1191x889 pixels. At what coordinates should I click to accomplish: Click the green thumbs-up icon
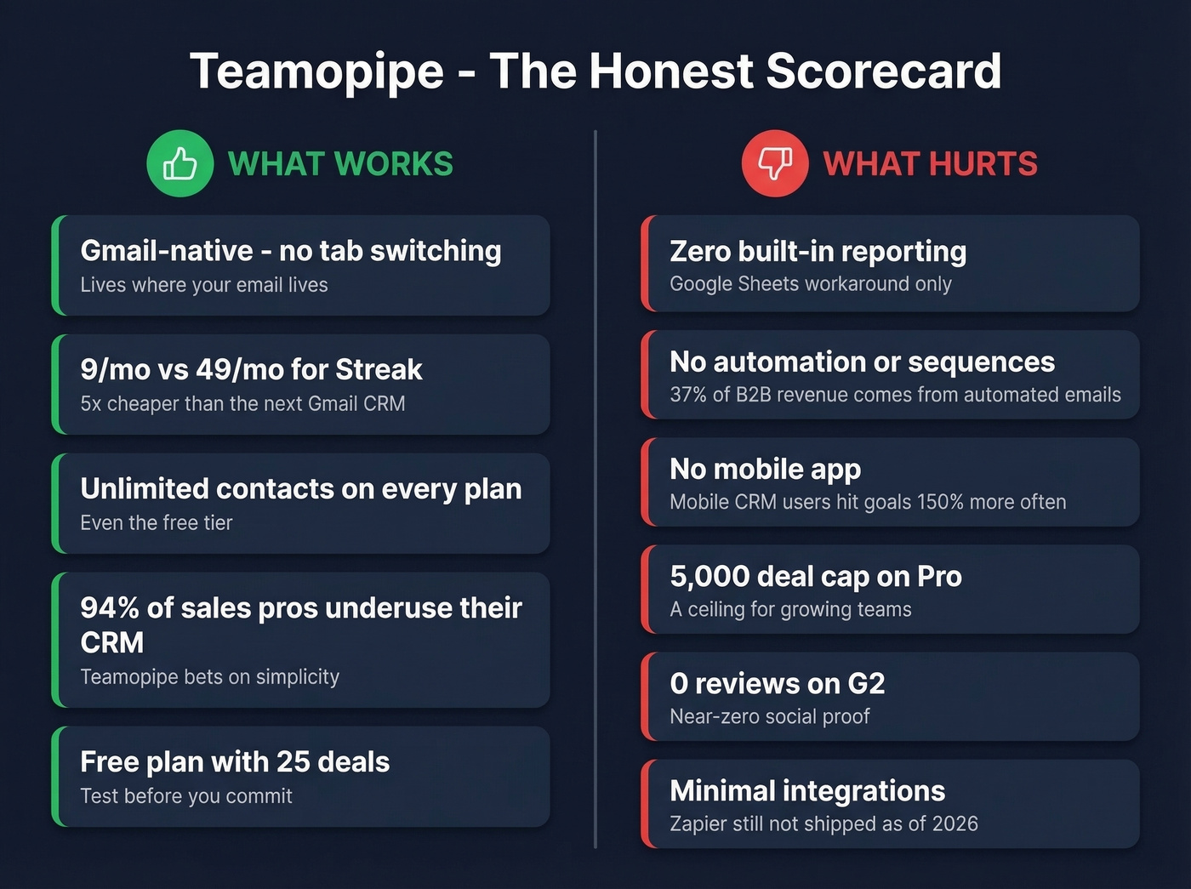(180, 163)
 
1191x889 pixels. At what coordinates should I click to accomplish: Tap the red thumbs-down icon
(775, 163)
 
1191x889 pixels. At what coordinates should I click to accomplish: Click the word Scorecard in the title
(883, 71)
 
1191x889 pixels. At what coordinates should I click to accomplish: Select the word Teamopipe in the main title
(316, 71)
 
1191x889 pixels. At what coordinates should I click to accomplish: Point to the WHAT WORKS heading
(340, 163)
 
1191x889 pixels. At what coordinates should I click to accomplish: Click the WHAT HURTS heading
(930, 163)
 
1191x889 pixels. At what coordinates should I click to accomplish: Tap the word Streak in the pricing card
(379, 369)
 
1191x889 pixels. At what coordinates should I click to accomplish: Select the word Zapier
(699, 823)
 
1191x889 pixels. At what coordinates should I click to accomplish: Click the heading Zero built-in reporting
(818, 251)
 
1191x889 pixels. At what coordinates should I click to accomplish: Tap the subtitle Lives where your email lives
(204, 285)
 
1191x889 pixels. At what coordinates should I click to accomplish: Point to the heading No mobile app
(765, 469)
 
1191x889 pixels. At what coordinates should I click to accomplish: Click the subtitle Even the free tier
(157, 523)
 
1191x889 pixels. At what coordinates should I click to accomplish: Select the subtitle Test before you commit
(186, 796)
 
